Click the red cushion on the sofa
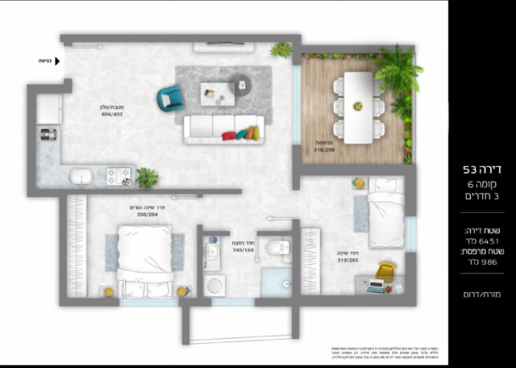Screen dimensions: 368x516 (x=229, y=135)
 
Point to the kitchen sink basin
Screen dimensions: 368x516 (x=81, y=176)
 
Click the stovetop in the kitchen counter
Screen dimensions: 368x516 (x=120, y=175)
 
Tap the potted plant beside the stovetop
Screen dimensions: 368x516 (x=147, y=177)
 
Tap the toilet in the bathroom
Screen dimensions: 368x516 (x=277, y=246)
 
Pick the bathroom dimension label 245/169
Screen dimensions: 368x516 (x=243, y=250)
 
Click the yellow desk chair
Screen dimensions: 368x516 (x=386, y=270)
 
